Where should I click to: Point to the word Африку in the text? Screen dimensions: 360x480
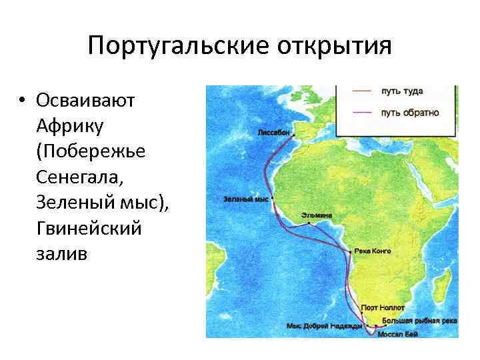click(x=69, y=126)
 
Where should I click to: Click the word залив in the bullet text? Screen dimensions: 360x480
click(x=62, y=255)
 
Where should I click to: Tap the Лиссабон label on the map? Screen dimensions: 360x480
click(x=273, y=133)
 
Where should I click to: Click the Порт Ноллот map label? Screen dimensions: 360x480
click(x=379, y=308)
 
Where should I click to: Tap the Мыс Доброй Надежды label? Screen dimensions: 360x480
click(x=324, y=326)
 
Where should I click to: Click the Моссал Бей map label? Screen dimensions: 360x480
click(x=397, y=334)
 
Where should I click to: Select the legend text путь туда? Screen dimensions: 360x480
click(x=401, y=91)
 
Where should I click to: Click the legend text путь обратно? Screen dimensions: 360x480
click(x=409, y=112)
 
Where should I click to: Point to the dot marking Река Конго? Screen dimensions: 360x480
click(x=351, y=252)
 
